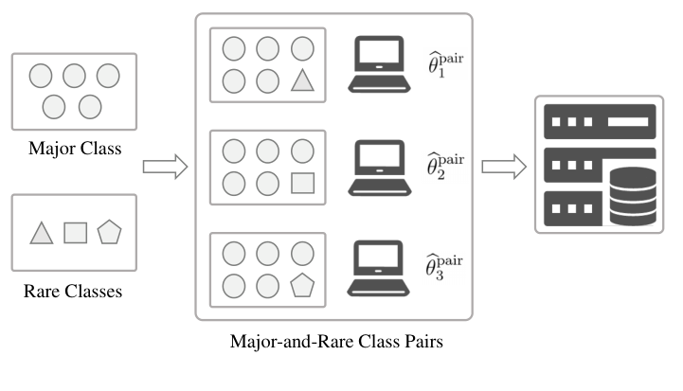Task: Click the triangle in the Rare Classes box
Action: pyautogui.click(x=42, y=234)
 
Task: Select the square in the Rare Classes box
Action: pyautogui.click(x=76, y=233)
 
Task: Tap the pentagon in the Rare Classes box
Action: pyautogui.click(x=109, y=232)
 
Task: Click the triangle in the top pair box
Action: pyautogui.click(x=302, y=81)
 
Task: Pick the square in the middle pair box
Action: pyautogui.click(x=303, y=183)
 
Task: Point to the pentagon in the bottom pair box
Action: pyautogui.click(x=302, y=285)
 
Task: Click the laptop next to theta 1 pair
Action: pyautogui.click(x=379, y=64)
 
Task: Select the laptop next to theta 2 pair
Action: pyautogui.click(x=380, y=168)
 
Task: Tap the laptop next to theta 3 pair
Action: pyautogui.click(x=378, y=268)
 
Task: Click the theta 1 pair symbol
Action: pyautogui.click(x=445, y=64)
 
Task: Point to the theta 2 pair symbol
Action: pyautogui.click(x=445, y=166)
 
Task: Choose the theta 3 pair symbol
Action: pyautogui.click(x=444, y=267)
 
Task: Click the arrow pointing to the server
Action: pyautogui.click(x=504, y=167)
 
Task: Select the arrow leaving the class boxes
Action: pyautogui.click(x=165, y=167)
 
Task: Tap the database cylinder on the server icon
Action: pyautogui.click(x=633, y=196)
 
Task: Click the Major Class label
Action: pyautogui.click(x=75, y=149)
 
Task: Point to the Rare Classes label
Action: pyautogui.click(x=73, y=292)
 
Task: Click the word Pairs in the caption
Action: pyautogui.click(x=423, y=342)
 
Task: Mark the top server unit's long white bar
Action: pyautogui.click(x=628, y=121)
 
